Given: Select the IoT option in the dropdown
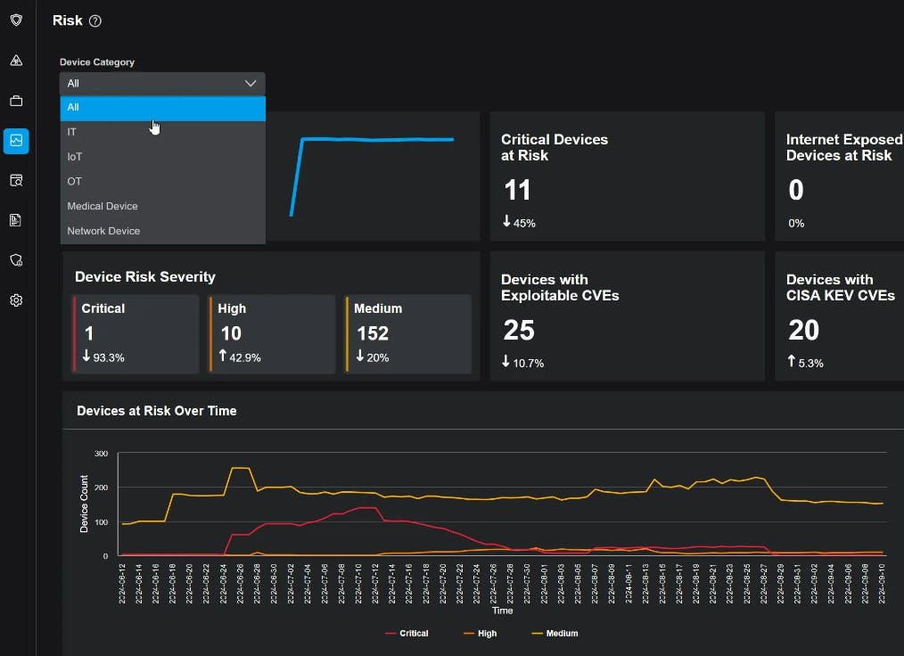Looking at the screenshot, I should pyautogui.click(x=75, y=157).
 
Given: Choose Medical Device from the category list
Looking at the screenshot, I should pyautogui.click(x=103, y=206).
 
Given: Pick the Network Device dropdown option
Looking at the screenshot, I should pyautogui.click(x=103, y=231).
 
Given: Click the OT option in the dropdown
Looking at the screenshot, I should pyautogui.click(x=74, y=181).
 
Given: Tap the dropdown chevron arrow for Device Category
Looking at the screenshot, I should pyautogui.click(x=250, y=83).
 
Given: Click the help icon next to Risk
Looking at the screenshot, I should pyautogui.click(x=95, y=21).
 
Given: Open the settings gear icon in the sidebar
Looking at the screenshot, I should pyautogui.click(x=16, y=300).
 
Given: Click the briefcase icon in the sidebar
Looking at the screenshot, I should pyautogui.click(x=16, y=101).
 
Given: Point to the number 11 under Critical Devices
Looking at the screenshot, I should pyautogui.click(x=517, y=190).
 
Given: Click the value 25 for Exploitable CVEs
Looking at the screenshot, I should pyautogui.click(x=519, y=331).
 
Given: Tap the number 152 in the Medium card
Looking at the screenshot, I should pyautogui.click(x=373, y=333).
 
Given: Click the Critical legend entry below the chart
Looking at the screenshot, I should pyautogui.click(x=407, y=634).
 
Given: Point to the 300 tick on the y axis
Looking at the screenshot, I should pyautogui.click(x=101, y=454).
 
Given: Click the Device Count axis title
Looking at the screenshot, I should pyautogui.click(x=85, y=504).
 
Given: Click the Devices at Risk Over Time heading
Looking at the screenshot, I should pyautogui.click(x=157, y=411).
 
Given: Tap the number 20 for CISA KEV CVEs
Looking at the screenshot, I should pyautogui.click(x=803, y=331).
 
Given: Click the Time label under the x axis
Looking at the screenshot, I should pyautogui.click(x=502, y=611).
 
